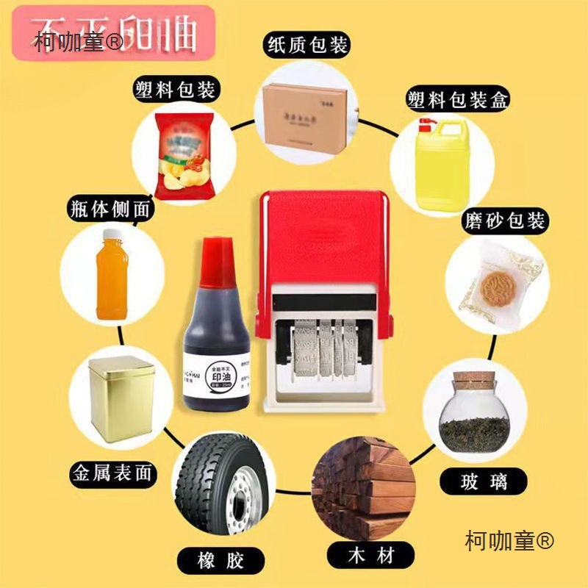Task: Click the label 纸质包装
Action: (x=307, y=45)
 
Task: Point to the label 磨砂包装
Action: (x=505, y=220)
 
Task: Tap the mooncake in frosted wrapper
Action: (x=490, y=283)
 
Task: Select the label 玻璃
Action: (x=474, y=481)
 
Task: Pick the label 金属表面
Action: (x=112, y=472)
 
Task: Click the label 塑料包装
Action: (x=174, y=90)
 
